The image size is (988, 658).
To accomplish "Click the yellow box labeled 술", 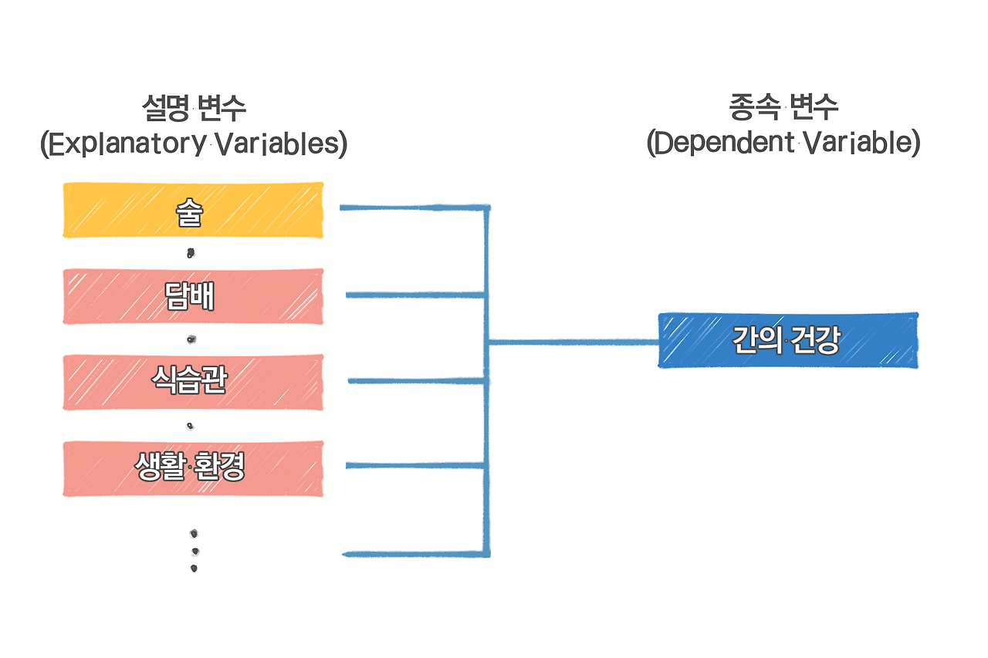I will [192, 210].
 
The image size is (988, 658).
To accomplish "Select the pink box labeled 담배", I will [192, 296].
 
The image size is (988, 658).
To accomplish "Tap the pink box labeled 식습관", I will [192, 382].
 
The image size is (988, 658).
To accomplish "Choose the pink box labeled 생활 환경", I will [192, 468].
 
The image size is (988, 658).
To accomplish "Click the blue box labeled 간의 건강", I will [787, 340].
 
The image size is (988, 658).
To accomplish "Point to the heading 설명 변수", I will [194, 107].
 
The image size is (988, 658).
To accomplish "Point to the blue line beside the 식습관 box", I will [417, 380].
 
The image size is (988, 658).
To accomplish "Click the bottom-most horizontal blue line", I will [414, 554].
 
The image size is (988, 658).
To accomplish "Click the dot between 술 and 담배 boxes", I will [191, 252].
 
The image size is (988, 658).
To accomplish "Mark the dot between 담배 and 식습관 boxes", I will [191, 339].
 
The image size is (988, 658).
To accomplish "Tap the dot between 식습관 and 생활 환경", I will [191, 426].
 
